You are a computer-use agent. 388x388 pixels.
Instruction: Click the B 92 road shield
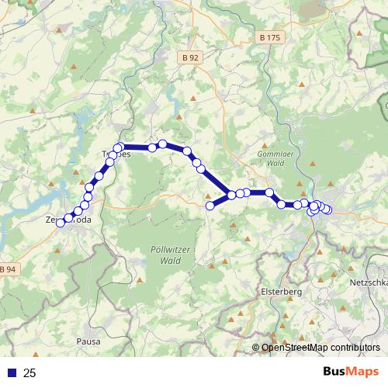pos(191,57)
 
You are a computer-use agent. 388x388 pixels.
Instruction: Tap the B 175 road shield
pos(269,37)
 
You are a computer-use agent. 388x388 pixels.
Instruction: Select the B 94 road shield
pos(8,269)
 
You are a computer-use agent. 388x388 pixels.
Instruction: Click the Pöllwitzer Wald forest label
pos(164,256)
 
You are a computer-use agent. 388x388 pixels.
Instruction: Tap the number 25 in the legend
pos(29,373)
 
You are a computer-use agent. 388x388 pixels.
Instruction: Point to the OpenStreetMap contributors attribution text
pos(320,348)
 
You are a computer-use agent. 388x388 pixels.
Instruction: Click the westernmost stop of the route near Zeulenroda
pos(61,223)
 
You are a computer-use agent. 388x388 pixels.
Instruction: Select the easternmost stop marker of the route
pos(327,210)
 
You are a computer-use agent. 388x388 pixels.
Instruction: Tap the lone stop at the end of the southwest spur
pos(210,206)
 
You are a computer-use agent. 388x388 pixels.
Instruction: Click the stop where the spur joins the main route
pos(231,195)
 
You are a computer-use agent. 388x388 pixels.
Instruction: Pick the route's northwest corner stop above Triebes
pos(120,147)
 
